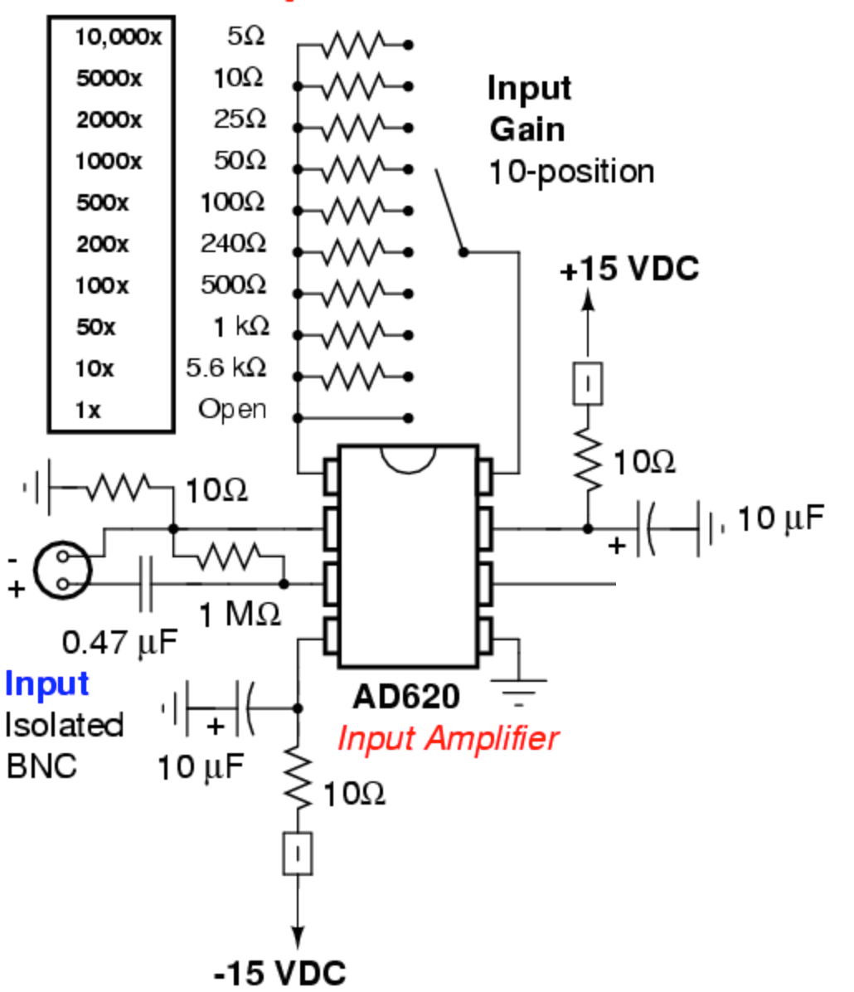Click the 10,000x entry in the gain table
click(118, 37)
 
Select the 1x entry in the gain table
click(88, 410)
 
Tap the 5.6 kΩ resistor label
click(226, 367)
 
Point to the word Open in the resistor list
click(232, 409)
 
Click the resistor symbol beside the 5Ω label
click(352, 44)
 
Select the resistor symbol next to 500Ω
click(352, 293)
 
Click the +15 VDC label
click(629, 270)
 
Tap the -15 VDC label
click(279, 972)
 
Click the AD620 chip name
click(405, 697)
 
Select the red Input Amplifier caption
click(448, 737)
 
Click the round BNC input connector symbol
click(63, 571)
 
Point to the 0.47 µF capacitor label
click(120, 641)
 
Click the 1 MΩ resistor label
click(240, 615)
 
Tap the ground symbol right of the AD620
click(519, 689)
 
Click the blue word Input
click(46, 684)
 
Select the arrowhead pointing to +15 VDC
click(588, 300)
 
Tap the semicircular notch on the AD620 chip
click(408, 458)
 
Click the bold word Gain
click(526, 129)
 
